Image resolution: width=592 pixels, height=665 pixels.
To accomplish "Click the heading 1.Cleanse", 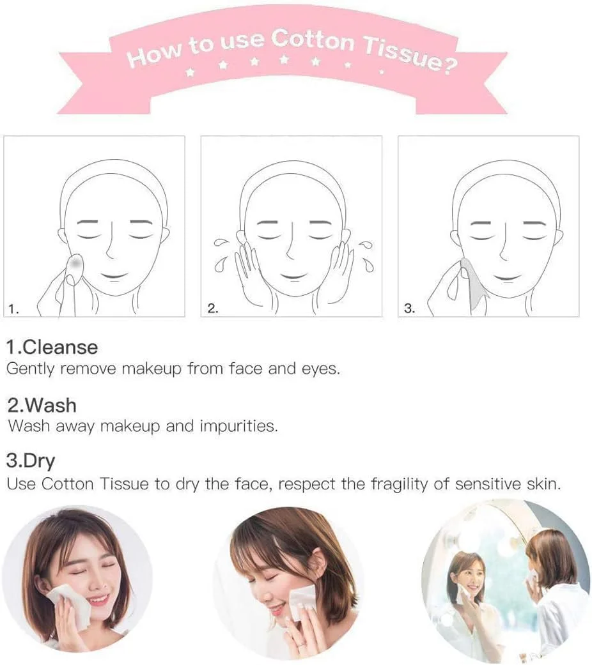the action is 52,348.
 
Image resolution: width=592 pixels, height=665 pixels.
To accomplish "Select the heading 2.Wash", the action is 42,406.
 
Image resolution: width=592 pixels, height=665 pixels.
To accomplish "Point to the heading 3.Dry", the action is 31,461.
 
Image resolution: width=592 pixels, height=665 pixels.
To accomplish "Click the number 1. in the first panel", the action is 13,309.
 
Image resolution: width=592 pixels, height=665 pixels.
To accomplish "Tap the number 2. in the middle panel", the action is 213,309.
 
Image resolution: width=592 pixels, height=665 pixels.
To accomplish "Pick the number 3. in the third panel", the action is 410,309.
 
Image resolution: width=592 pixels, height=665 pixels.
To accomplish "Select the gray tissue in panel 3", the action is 474,284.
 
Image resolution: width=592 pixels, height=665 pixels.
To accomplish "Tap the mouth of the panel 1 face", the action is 114,277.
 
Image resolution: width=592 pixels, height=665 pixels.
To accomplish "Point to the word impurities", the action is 238,426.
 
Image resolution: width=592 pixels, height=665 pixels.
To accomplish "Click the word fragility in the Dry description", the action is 400,484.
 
